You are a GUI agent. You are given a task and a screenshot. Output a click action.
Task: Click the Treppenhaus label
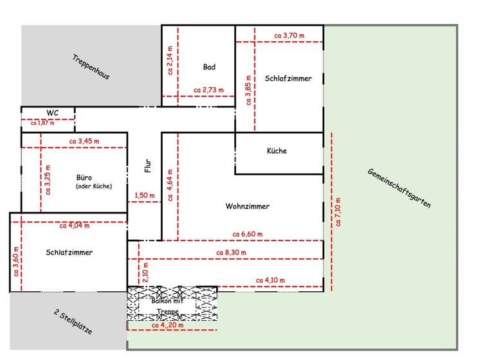91,66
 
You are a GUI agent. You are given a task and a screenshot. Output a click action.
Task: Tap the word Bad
209,67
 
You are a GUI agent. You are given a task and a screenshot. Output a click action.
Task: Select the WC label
53,113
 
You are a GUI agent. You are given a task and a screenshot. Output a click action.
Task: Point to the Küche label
277,151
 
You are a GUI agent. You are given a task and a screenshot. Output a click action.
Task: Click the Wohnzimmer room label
247,206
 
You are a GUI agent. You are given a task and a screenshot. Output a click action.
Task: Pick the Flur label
147,166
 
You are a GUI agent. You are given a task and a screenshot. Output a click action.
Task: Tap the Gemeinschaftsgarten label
399,188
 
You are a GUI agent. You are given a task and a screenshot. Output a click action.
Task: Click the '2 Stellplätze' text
73,322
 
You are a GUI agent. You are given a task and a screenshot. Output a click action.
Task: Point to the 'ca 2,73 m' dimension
209,90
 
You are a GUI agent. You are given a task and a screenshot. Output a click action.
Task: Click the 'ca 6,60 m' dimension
248,233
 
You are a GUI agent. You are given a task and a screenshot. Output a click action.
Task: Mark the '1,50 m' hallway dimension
145,195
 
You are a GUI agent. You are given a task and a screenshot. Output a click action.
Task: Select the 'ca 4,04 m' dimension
75,225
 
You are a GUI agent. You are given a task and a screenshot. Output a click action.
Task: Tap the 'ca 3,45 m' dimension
84,141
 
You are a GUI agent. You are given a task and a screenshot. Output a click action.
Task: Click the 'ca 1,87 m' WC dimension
42,122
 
